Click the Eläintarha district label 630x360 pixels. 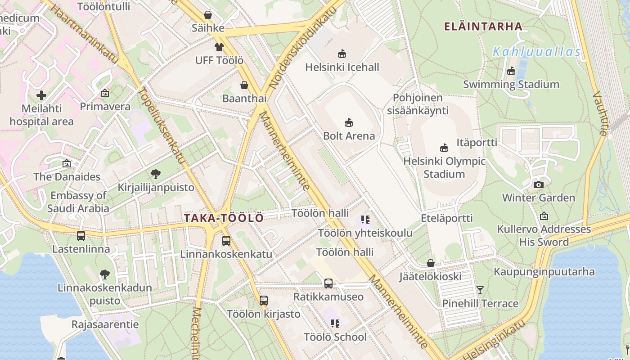[483, 27]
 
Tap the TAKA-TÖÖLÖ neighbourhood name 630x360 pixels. [224, 218]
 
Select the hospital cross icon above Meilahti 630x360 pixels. [41, 95]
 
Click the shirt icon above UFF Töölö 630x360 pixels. [219, 47]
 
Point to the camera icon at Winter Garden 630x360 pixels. [538, 184]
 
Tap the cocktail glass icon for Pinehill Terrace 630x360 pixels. [480, 290]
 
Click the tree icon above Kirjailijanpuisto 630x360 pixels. [156, 174]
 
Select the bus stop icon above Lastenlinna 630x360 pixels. [81, 235]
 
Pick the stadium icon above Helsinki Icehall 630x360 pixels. [342, 54]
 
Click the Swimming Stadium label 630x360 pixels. [511, 85]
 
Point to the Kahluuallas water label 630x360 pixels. [537, 52]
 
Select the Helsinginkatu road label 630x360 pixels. [494, 341]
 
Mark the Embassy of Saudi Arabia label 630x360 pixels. [78, 202]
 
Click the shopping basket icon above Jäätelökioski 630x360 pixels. [431, 263]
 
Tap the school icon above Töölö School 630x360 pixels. [335, 323]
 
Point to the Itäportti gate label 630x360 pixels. [477, 143]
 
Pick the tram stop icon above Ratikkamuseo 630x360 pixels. [328, 283]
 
